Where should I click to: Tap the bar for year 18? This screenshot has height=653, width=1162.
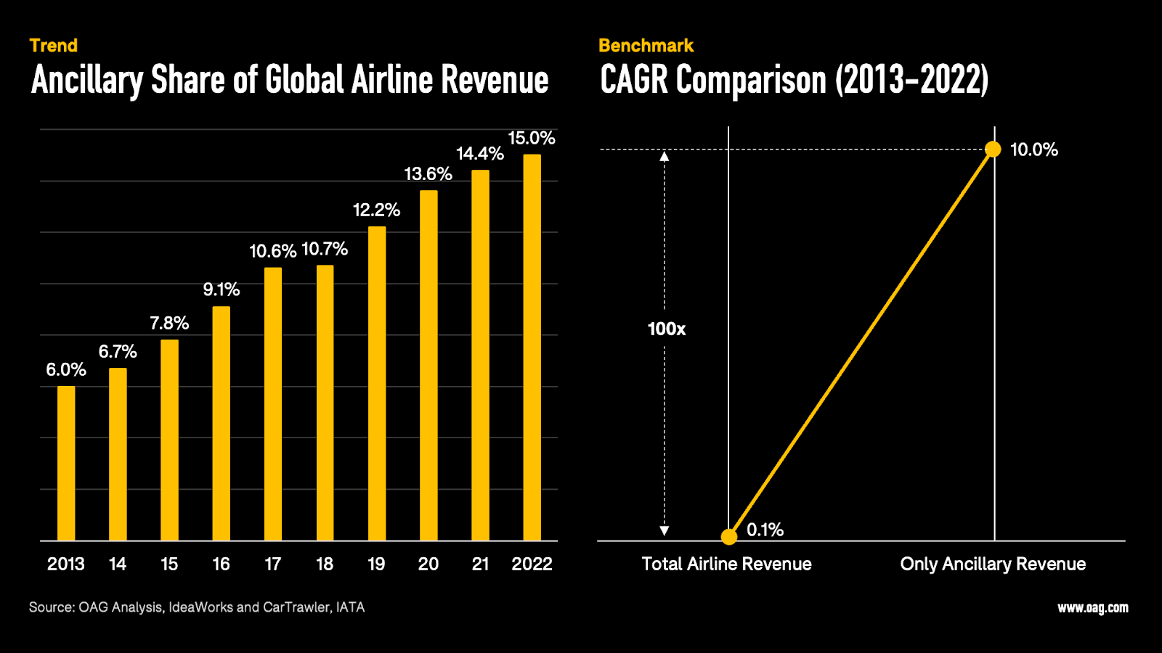coord(325,403)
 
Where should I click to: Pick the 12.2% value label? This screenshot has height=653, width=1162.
coord(376,210)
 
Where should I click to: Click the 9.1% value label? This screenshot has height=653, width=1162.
coord(221,290)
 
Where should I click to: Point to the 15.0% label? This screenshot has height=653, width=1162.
coord(531,139)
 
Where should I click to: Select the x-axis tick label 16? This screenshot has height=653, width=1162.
coord(221,564)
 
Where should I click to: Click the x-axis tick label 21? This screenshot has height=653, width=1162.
coord(480,564)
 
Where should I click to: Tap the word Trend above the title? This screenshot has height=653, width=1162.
coord(54,46)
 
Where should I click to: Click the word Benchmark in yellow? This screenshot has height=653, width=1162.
coord(646,46)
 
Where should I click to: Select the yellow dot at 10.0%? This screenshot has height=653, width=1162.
coord(993,149)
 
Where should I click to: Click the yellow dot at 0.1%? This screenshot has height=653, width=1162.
coord(729,537)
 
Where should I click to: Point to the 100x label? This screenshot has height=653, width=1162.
coord(666,329)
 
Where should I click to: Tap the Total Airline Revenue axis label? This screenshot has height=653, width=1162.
coord(726,564)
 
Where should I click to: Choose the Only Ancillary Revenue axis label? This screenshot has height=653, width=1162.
coord(993,564)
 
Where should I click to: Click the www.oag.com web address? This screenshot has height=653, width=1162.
coord(1092,608)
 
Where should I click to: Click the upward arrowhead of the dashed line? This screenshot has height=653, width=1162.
coord(665,156)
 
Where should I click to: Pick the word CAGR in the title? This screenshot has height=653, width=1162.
coord(633,80)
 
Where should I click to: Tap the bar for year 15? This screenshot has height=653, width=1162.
coord(169,440)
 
